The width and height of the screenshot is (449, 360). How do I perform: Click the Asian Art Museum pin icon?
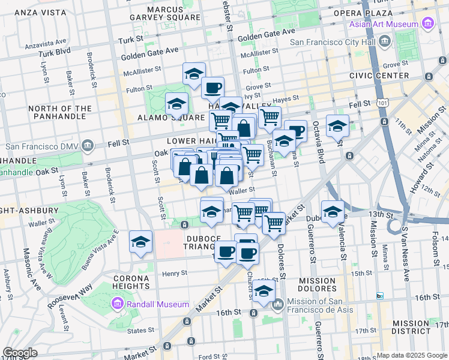click(x=428, y=24)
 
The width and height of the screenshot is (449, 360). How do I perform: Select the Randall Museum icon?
click(x=117, y=304)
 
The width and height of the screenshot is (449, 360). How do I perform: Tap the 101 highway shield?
click(x=382, y=103)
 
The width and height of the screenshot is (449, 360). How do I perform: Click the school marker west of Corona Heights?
click(x=140, y=242)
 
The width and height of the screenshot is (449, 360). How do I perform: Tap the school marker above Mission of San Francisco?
click(x=263, y=291)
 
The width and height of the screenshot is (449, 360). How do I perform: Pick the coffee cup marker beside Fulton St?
click(x=212, y=88)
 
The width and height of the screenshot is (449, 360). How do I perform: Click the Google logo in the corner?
click(x=20, y=353)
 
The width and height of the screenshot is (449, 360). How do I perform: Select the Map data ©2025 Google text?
click(x=411, y=355)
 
